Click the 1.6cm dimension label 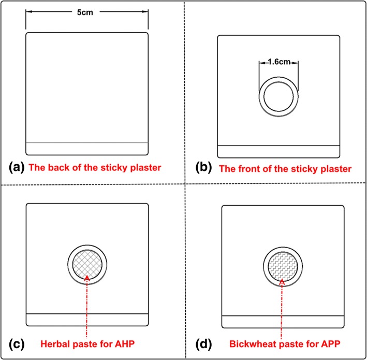coord(278,61)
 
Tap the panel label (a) coord(17,167)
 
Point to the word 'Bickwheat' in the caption coord(246,343)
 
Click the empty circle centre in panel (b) coord(278,97)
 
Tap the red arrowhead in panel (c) coord(87,278)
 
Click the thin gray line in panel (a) coord(87,142)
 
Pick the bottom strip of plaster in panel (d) coord(282,322)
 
